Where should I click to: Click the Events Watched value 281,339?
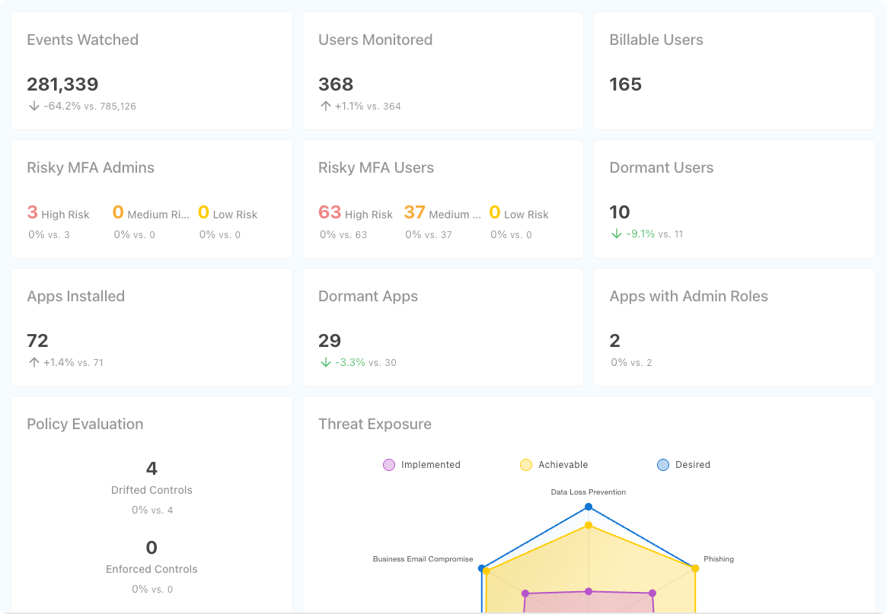point(62,84)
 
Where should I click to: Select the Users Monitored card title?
point(375,40)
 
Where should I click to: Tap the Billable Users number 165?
point(626,84)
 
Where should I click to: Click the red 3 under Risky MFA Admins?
point(32,212)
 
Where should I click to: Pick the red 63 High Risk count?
point(330,212)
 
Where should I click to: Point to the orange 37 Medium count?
point(414,212)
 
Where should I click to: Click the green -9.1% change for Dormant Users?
point(640,234)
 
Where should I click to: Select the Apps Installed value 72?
point(37,341)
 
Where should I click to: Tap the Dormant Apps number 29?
point(330,341)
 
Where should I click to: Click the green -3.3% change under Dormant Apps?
point(350,362)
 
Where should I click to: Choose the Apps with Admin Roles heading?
point(688,297)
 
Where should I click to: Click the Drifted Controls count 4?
point(152,469)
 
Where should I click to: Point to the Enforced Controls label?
point(152,569)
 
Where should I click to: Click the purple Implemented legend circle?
point(389,465)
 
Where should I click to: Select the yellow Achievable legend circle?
point(526,465)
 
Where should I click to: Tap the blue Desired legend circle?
point(663,465)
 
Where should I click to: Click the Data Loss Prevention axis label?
point(589,492)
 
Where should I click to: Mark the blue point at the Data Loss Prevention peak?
point(589,507)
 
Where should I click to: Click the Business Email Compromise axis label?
point(423,559)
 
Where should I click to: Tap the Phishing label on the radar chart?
point(719,559)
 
